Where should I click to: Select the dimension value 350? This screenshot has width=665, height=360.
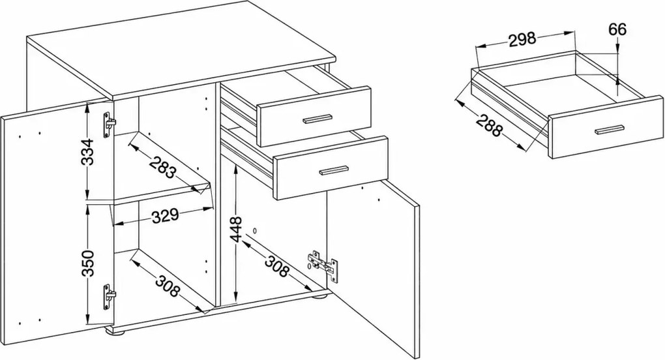pos(88,263)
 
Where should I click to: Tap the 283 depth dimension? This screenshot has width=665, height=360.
pos(162,167)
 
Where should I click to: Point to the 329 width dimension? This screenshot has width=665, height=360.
pos(165,216)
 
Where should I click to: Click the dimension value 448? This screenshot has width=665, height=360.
pos(236,230)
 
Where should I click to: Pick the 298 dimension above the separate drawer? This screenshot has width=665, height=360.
pos(522,39)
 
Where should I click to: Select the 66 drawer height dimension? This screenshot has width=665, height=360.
pos(617,29)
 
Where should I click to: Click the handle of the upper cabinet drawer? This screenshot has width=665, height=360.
pos(318,119)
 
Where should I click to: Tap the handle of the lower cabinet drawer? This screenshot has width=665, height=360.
pos(334,170)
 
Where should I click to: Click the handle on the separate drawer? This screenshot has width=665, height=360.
pos(609,130)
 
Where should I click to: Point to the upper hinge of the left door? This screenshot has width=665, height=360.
pos(109,125)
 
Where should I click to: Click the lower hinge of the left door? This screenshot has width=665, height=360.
pos(109,298)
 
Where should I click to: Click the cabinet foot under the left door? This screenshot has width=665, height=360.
pos(116,331)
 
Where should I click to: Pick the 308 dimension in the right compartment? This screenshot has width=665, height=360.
pos(276,266)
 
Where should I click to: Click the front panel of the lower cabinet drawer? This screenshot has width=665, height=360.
pos(331,168)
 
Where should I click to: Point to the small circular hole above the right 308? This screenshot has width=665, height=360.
pos(255,231)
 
